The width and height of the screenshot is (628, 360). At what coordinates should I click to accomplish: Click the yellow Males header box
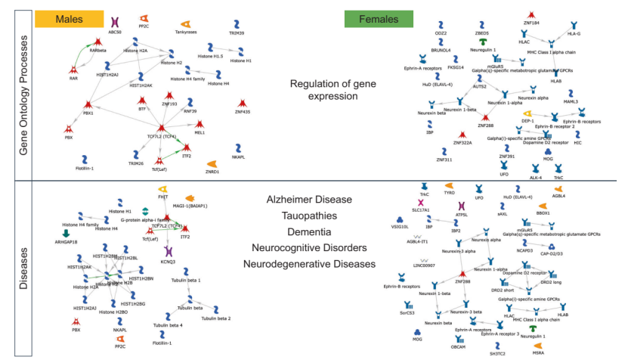click(x=73, y=17)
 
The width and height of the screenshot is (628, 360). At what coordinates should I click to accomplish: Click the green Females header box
click(x=375, y=17)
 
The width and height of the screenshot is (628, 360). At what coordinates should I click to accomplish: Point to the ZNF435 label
click(x=242, y=112)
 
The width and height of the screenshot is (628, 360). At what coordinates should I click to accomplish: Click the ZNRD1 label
click(x=212, y=172)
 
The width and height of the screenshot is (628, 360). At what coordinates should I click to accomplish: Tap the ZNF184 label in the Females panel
click(x=531, y=23)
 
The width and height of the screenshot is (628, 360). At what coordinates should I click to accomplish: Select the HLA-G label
click(x=574, y=34)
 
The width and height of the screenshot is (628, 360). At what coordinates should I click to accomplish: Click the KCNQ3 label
click(x=168, y=262)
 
